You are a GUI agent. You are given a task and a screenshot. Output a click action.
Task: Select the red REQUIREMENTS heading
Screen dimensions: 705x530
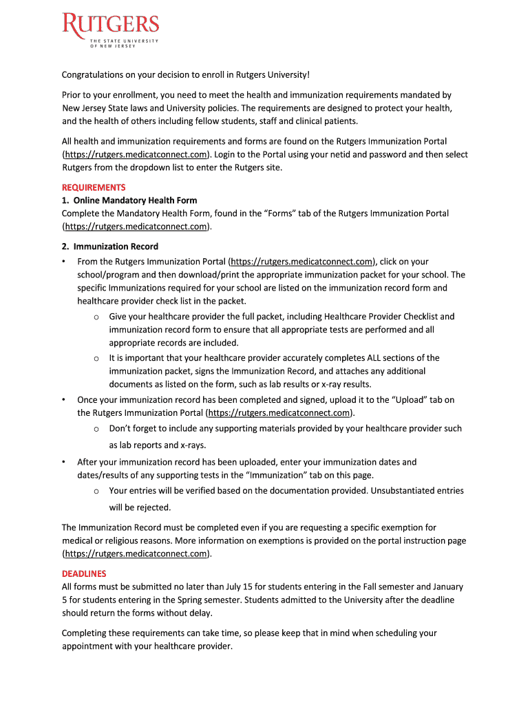pos(94,187)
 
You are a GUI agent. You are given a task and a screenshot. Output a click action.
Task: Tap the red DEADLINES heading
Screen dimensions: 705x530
pos(84,574)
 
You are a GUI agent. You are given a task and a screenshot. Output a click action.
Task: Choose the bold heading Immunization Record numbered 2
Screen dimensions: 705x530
pos(116,246)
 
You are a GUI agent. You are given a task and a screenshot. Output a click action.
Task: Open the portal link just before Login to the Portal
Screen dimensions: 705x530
pos(135,154)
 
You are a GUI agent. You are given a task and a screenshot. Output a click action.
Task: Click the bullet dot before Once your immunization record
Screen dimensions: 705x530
pos(63,400)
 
